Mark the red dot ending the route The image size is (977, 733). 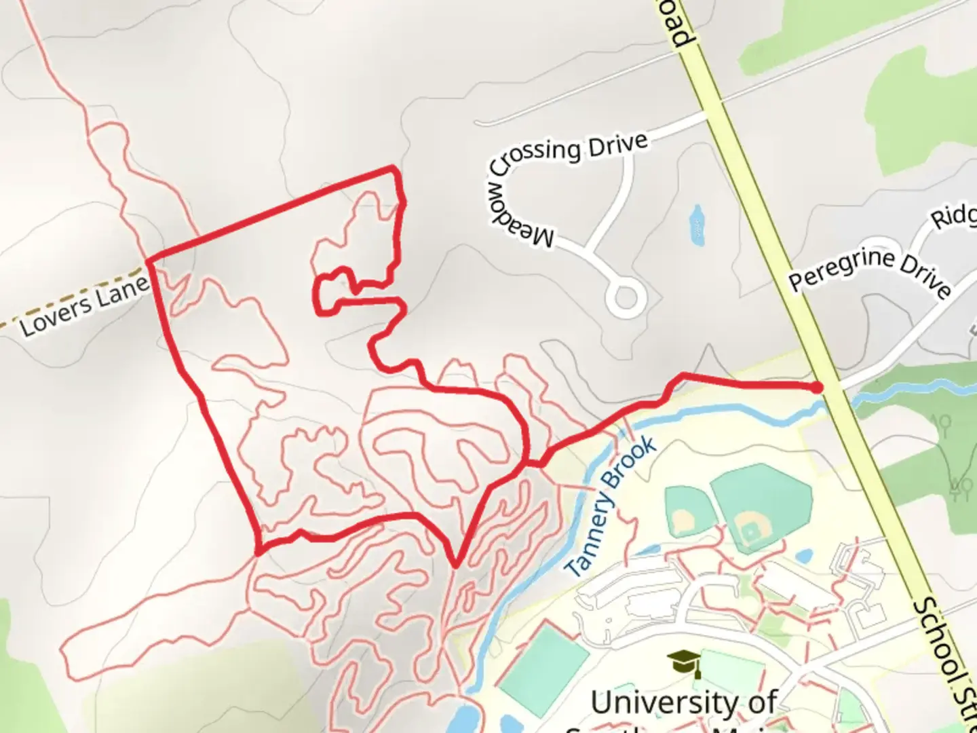818,387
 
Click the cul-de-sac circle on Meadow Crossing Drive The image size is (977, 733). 624,299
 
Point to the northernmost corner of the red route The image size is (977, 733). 392,167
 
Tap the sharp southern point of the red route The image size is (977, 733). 456,564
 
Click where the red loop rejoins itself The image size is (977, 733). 528,464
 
